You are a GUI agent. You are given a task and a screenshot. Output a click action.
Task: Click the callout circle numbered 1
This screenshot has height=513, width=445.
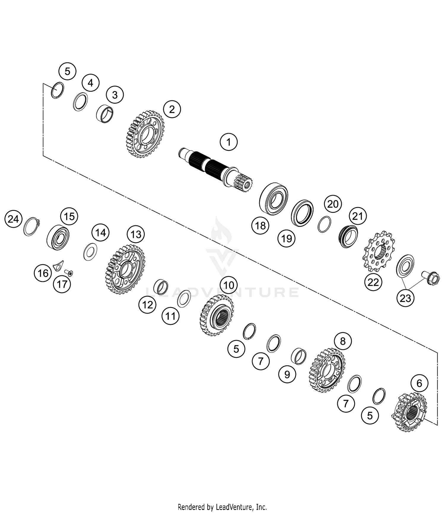pos(228,142)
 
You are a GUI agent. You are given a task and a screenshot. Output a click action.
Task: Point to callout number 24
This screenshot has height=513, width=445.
pos(13,219)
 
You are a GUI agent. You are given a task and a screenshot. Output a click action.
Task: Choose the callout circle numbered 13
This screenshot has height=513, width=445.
pos(136,234)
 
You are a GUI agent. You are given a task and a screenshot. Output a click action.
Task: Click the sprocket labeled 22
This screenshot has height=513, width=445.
pos(379,251)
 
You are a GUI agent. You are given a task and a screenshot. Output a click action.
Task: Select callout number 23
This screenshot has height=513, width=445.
pos(405,298)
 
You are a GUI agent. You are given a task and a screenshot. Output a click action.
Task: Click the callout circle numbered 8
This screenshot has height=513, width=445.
pos(343,341)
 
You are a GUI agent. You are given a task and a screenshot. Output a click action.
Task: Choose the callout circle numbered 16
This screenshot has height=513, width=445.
pos(43,273)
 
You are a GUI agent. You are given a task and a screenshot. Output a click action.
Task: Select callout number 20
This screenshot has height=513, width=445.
pos(333,204)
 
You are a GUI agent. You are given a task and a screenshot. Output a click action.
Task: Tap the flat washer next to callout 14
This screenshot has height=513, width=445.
pos(90,252)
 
